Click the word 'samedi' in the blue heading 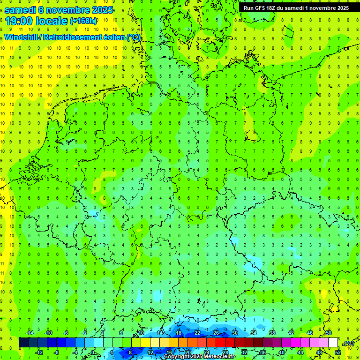tap(22, 9)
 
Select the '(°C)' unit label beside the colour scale tap(348, 343)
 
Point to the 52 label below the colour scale tap(338, 352)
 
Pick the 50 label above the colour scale tap(329, 333)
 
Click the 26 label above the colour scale tap(216, 333)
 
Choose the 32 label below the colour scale tap(244, 352)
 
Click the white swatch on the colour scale tap(333, 343)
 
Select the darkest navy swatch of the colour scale tap(23, 343)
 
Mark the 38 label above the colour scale tap(272, 333)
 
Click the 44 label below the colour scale tap(300, 352)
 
